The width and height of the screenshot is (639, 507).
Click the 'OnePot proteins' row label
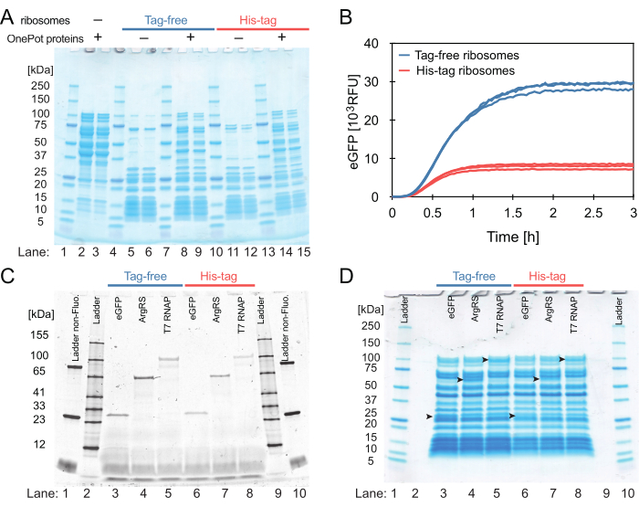point(41,37)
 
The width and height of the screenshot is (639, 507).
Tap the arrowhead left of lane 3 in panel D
point(429,417)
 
